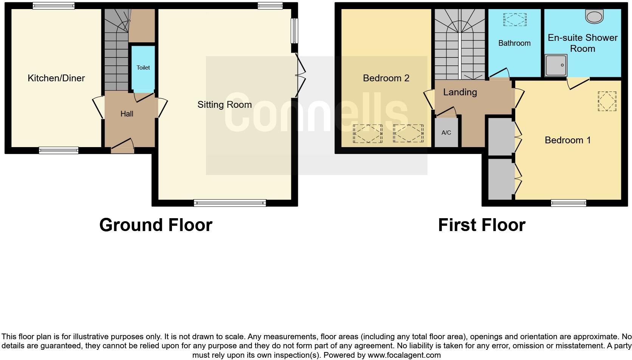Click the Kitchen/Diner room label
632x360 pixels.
tap(56, 78)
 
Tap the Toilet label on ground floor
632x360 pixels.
tap(143, 68)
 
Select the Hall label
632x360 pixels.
tap(127, 114)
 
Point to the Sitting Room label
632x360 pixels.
tap(225, 105)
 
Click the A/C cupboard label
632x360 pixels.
tap(446, 133)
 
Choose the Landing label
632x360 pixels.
tap(460, 92)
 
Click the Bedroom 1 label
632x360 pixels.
tap(567, 140)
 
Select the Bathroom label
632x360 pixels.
tap(514, 43)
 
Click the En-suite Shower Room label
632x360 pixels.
tap(582, 43)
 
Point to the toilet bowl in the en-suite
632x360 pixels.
tap(594, 16)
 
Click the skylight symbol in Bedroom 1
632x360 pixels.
tap(607, 101)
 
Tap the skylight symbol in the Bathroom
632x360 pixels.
tap(514, 19)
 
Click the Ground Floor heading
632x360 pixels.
tap(156, 225)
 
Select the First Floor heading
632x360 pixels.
tap(481, 225)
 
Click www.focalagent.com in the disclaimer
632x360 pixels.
tap(404, 355)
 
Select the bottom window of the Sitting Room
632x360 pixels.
tap(230, 203)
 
